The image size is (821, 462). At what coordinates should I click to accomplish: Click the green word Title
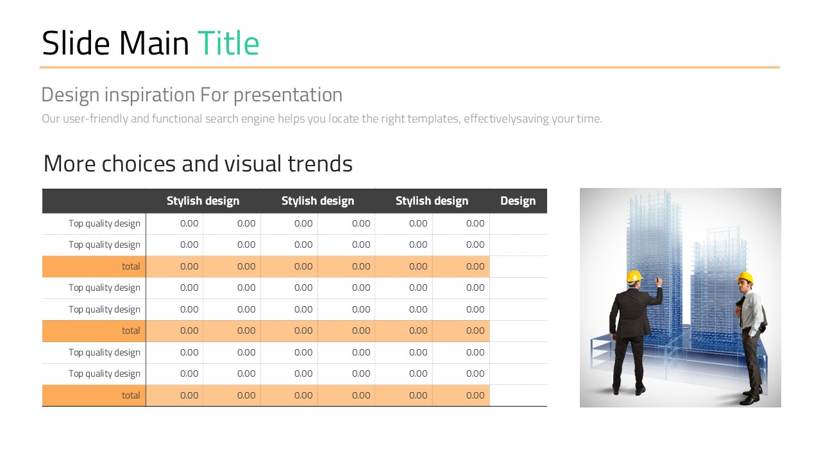(228, 43)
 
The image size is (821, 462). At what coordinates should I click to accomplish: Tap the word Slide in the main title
(76, 43)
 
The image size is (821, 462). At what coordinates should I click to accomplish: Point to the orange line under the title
(410, 67)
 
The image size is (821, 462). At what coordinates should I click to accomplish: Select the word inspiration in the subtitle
(150, 96)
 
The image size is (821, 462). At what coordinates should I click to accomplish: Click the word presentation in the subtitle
(288, 96)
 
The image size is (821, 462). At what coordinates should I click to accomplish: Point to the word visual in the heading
(253, 164)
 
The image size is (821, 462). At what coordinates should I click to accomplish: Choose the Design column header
(518, 201)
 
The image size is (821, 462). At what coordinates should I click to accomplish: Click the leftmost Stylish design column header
(203, 201)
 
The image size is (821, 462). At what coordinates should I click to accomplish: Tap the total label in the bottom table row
(131, 395)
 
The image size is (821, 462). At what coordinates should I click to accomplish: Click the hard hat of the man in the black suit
(634, 276)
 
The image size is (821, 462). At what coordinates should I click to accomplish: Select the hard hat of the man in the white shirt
(745, 278)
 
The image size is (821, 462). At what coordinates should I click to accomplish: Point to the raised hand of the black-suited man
(659, 282)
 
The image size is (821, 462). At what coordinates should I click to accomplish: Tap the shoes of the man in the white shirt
(750, 398)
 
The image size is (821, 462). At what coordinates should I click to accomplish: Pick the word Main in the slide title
(154, 43)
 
